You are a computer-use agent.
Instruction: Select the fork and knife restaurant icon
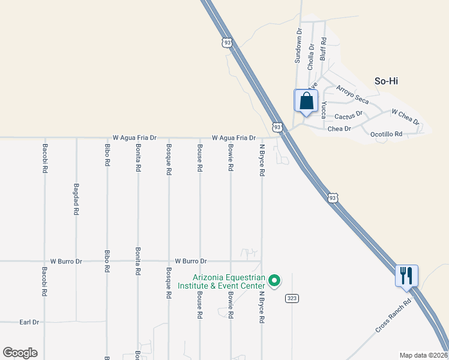[406, 276]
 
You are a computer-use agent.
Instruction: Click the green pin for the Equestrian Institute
[274, 280]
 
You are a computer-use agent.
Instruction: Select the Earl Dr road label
[29, 322]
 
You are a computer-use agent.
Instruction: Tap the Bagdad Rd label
[76, 199]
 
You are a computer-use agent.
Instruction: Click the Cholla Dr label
[311, 57]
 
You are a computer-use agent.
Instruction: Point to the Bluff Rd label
[323, 49]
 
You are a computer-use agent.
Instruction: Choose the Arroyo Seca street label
[352, 95]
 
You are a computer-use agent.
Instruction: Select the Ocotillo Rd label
[386, 134]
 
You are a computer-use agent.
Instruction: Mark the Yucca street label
[323, 110]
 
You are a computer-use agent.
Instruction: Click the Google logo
[20, 353]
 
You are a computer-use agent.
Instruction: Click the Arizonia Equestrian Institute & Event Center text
[221, 281]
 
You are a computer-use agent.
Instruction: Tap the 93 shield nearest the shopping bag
[277, 127]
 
